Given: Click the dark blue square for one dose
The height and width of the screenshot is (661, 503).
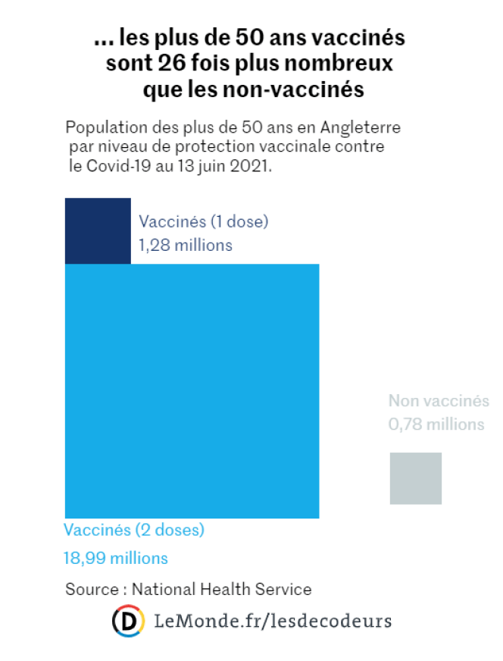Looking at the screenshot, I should (98, 230).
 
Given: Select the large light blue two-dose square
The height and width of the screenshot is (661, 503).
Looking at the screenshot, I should (192, 390).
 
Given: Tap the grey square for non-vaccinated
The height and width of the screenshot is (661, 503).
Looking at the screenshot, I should (415, 478).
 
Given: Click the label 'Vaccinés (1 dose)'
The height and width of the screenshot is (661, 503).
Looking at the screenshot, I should (203, 222).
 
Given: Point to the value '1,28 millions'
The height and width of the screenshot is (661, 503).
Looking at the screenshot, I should (185, 246).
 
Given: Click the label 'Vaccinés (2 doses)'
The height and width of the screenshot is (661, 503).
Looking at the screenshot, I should (134, 530).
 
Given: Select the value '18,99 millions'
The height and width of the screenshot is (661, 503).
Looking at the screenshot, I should (116, 559).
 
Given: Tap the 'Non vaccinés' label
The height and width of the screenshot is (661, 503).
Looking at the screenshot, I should (439, 402).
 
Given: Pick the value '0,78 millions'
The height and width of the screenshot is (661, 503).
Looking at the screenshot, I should (436, 424).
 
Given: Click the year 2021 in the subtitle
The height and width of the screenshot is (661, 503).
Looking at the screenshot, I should (250, 166).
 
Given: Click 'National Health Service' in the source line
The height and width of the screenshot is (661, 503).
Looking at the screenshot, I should (222, 589).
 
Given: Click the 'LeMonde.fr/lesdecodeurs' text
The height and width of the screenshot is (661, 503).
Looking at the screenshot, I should (273, 622).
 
